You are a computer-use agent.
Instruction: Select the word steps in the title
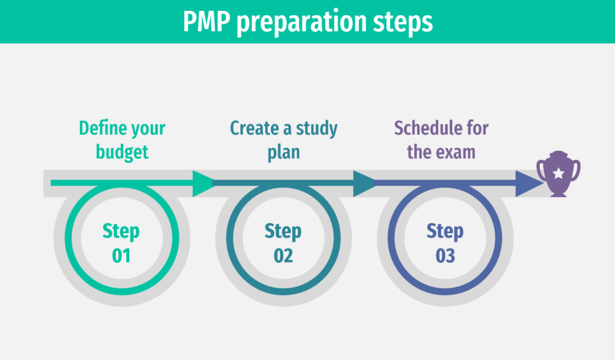pos(404,23)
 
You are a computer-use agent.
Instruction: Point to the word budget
pos(122,151)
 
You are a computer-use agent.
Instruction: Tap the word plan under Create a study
pos(283,151)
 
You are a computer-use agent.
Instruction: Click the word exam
pos(456,151)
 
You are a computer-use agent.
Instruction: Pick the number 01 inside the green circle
pos(121,255)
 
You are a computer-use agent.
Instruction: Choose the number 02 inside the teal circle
pos(283,255)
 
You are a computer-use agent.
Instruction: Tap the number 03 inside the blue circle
pos(446,255)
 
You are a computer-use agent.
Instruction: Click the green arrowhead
pos(203,183)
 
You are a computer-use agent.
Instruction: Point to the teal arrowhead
pos(364,183)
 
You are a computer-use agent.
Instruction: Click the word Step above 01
pos(121,231)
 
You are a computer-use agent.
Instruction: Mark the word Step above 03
pos(446,231)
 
